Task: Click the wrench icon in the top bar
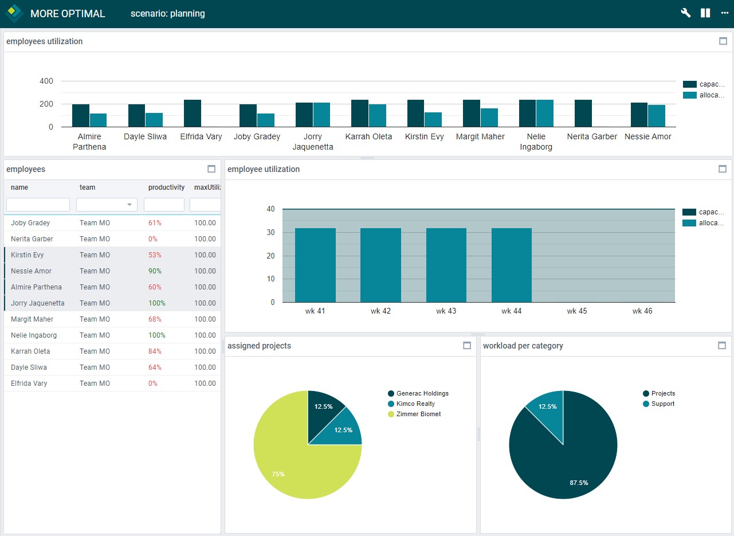(x=685, y=13)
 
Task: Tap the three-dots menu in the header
(x=724, y=13)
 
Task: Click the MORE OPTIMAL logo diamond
(x=13, y=13)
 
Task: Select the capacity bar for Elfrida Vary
(x=193, y=114)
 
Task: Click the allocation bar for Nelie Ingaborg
(x=545, y=114)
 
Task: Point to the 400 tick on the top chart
(x=46, y=81)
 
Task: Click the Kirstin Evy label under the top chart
(x=424, y=136)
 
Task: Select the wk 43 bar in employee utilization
(x=446, y=265)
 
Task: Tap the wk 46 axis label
(x=642, y=311)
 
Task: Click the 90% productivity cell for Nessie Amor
(x=155, y=271)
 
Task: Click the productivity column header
(x=166, y=187)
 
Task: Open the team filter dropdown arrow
(x=130, y=205)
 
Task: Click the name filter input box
(x=38, y=205)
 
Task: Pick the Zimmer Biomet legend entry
(x=418, y=414)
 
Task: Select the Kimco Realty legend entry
(x=415, y=404)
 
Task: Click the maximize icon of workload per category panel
(x=722, y=346)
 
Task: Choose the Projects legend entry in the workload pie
(x=662, y=393)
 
